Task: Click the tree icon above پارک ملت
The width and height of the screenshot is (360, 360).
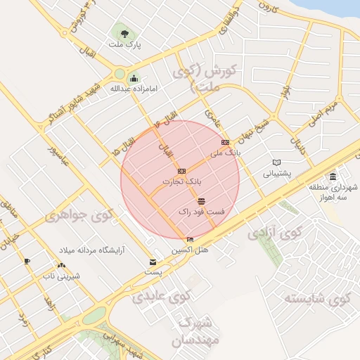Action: coord(124,33)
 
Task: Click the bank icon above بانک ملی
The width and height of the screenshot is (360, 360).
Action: coord(225,142)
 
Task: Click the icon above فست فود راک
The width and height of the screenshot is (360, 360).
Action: coord(202,202)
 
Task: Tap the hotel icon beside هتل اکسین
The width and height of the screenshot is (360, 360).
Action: coord(190,240)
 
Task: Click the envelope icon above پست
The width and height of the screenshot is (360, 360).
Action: coord(153,262)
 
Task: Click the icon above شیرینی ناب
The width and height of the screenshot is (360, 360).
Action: coord(61,266)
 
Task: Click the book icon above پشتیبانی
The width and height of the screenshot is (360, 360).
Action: coord(276,162)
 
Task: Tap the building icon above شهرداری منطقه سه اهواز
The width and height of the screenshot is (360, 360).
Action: coord(333,176)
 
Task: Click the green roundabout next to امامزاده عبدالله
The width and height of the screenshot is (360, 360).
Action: coord(120,73)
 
